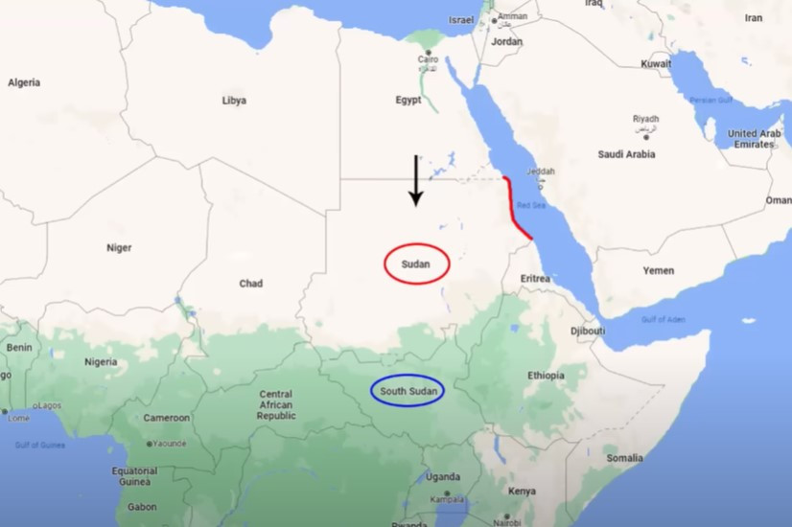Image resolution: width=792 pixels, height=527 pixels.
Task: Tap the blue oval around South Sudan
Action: click(408, 391)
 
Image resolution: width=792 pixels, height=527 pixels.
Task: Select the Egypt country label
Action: click(408, 100)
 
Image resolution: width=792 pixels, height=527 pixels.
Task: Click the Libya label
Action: click(234, 100)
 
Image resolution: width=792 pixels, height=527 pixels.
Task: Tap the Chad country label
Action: click(250, 284)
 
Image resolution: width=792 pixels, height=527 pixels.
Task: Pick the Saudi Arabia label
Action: click(626, 153)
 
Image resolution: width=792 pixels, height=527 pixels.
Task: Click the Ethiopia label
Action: click(546, 376)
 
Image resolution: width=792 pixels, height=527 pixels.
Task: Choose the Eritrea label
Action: click(535, 279)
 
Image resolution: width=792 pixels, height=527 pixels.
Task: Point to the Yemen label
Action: click(658, 271)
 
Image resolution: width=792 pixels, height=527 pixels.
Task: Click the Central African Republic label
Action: click(276, 404)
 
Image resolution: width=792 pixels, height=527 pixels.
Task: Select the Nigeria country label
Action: click(100, 362)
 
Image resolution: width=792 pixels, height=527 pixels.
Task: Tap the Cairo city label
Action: click(428, 59)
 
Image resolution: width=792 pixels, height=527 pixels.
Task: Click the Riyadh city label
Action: click(645, 119)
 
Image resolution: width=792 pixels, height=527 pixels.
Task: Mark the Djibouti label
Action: click(588, 331)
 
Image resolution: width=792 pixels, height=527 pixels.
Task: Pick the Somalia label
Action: click(624, 458)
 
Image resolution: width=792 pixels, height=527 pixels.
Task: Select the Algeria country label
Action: click(24, 82)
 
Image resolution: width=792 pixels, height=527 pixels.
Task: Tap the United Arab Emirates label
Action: click(754, 139)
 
